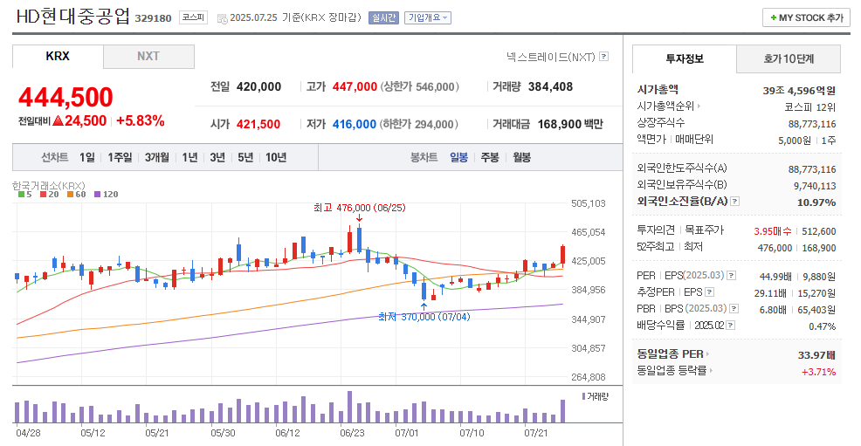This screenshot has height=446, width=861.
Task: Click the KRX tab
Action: (x=58, y=57)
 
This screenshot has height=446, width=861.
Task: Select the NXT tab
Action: (x=148, y=57)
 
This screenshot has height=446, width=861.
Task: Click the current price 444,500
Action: (x=65, y=97)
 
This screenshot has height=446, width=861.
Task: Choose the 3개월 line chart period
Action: (x=157, y=157)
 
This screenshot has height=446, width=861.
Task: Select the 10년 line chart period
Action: (x=275, y=157)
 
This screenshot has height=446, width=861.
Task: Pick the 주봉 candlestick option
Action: (x=490, y=157)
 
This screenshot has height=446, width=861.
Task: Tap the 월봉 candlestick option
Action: (x=521, y=157)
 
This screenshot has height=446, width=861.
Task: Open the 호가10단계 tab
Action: (x=789, y=59)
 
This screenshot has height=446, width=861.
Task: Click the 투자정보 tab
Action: (x=684, y=59)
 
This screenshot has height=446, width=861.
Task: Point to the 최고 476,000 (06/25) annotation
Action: (x=359, y=208)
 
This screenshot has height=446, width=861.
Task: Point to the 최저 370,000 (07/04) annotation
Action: (x=424, y=317)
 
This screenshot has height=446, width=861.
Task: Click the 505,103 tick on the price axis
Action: (x=587, y=203)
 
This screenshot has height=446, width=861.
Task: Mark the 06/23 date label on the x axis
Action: (x=352, y=432)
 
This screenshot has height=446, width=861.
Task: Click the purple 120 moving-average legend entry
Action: (x=106, y=194)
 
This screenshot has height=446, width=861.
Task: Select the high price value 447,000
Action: (x=355, y=87)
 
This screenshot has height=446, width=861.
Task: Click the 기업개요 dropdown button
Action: (x=428, y=17)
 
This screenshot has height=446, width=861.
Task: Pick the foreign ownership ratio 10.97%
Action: (x=816, y=202)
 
